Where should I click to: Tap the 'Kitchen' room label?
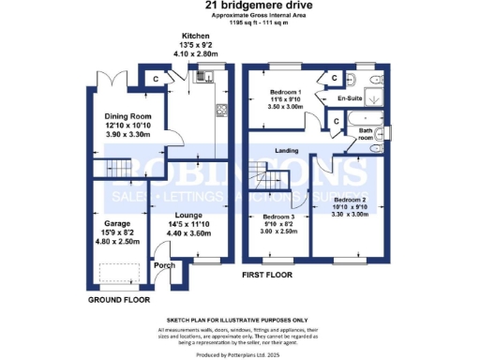[x=182, y=37]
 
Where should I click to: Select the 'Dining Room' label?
[x=125, y=116]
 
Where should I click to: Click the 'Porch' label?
[x=164, y=265]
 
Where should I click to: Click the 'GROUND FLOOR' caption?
[x=120, y=299]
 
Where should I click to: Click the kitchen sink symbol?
[x=201, y=80]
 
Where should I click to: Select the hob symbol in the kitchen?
[x=221, y=112]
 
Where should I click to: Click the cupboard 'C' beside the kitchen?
[x=156, y=79]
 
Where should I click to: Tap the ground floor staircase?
[x=120, y=170]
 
